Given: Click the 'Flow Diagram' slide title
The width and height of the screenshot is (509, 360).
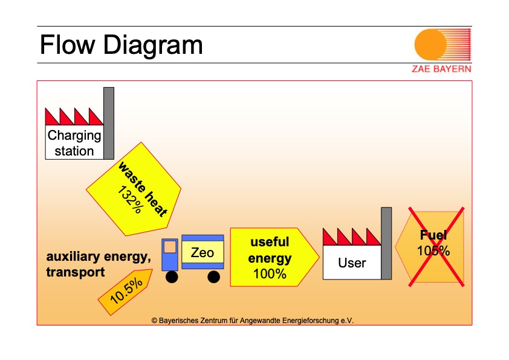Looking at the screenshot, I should [121, 45].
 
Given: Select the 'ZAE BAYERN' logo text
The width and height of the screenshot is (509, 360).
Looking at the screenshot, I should [441, 68].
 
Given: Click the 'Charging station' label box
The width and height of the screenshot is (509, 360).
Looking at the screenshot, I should [74, 143].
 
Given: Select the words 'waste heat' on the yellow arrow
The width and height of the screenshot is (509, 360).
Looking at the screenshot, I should [142, 188].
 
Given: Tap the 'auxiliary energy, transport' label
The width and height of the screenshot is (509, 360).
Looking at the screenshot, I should [99, 264].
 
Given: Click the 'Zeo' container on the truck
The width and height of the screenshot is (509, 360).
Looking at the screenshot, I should [203, 252].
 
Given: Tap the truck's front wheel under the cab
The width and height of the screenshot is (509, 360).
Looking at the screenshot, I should [172, 277].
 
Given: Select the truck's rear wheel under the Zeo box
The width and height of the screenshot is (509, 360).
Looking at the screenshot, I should [213, 277].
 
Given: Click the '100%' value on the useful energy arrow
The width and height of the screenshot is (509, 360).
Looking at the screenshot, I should [270, 273].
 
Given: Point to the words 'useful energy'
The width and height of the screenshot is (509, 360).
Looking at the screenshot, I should [270, 250].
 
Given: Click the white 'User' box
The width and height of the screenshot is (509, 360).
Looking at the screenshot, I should [352, 263].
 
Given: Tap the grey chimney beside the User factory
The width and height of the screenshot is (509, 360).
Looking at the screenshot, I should [386, 243].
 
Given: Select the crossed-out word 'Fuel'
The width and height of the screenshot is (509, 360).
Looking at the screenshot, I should [433, 235].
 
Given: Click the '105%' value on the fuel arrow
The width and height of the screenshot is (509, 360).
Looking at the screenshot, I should [433, 250].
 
